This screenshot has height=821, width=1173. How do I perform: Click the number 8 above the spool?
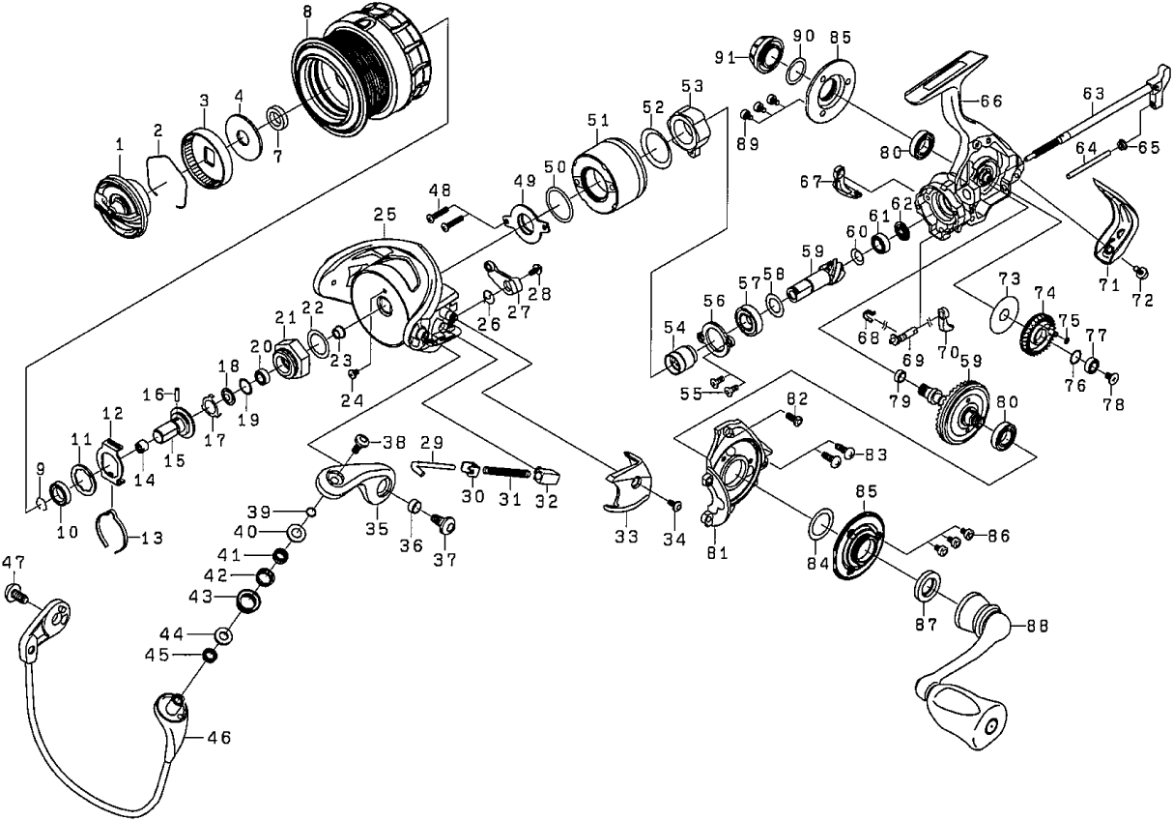(306, 13)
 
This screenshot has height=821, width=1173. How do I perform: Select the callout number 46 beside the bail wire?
(218, 737)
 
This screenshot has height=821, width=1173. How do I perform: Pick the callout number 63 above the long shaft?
(1093, 94)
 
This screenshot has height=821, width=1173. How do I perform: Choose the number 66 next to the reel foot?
(991, 100)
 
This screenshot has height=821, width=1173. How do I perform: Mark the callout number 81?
(717, 553)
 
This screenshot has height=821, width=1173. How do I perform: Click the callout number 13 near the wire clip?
(151, 538)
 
